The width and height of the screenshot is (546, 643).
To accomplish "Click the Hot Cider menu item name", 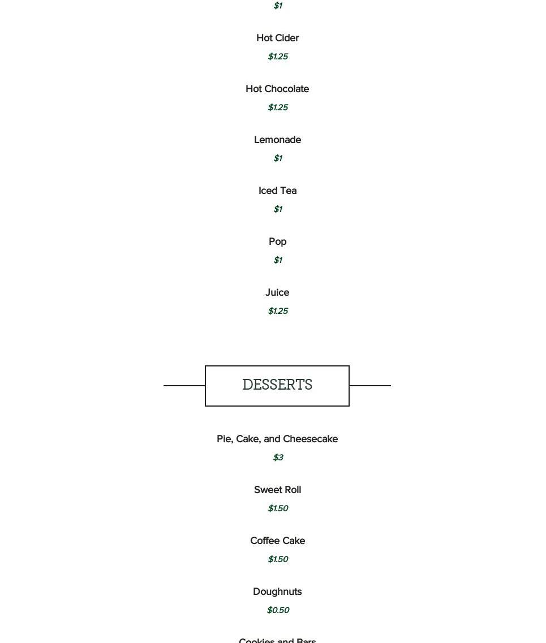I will coord(277,38).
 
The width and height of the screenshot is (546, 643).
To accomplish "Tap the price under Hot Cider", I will coord(278,57).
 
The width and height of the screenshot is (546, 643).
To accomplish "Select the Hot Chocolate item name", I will coord(277,89).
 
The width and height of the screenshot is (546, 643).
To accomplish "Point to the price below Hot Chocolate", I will coord(278,107).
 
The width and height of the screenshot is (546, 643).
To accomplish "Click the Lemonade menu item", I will coord(277,140).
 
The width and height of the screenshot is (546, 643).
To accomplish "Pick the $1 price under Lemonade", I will coord(277,158).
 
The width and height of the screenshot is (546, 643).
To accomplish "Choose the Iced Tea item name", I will coord(277,191).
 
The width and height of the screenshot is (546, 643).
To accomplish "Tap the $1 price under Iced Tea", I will coord(277,209).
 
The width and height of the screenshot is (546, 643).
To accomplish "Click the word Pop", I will coord(277,241).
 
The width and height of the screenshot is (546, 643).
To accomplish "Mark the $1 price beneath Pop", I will coord(277,260).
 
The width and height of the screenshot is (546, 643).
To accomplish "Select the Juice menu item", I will coord(277,292).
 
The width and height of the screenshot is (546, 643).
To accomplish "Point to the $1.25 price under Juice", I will coord(278,311).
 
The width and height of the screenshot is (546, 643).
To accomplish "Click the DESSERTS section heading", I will coord(277,385).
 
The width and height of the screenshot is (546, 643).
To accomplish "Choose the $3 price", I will coord(278,458).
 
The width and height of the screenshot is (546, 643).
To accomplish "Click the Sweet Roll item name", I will coord(277,490).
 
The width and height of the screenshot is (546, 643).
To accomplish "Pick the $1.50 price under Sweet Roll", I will coord(278,508).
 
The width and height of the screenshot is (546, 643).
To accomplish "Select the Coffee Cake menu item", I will coord(277,541).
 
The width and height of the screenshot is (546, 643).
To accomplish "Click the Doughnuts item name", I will coord(277,592).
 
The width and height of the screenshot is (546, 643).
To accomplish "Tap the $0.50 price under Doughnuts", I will coord(278,610).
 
